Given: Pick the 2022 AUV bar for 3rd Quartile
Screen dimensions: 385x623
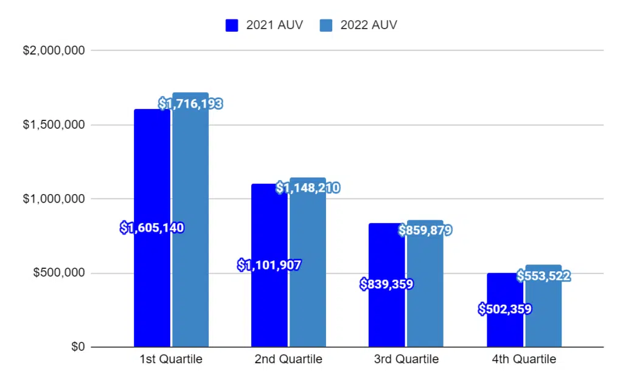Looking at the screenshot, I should [x=425, y=292].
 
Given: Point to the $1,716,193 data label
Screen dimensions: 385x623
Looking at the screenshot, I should [x=190, y=104].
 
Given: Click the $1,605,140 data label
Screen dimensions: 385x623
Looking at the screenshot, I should [x=152, y=228].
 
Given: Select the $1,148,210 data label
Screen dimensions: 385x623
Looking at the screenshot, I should [x=308, y=188].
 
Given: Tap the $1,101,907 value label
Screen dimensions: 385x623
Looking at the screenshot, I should [x=269, y=265].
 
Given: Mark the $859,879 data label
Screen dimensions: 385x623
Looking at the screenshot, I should [x=425, y=231].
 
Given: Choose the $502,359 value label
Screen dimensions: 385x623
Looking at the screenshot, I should [x=505, y=309].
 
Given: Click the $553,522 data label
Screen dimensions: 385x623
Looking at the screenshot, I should [x=543, y=276].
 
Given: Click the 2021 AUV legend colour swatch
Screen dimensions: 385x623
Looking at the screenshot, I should [x=232, y=25].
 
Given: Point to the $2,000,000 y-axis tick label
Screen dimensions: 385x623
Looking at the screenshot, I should [x=54, y=51].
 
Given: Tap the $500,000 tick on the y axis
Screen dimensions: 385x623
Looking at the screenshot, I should [x=59, y=273].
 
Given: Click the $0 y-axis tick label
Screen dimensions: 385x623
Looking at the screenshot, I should [x=77, y=347].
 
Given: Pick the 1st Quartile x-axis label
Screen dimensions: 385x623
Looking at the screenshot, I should [x=171, y=359].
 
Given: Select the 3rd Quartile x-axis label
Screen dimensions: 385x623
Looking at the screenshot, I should [x=406, y=359].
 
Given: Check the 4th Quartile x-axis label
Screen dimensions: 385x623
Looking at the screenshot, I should [x=524, y=359].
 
